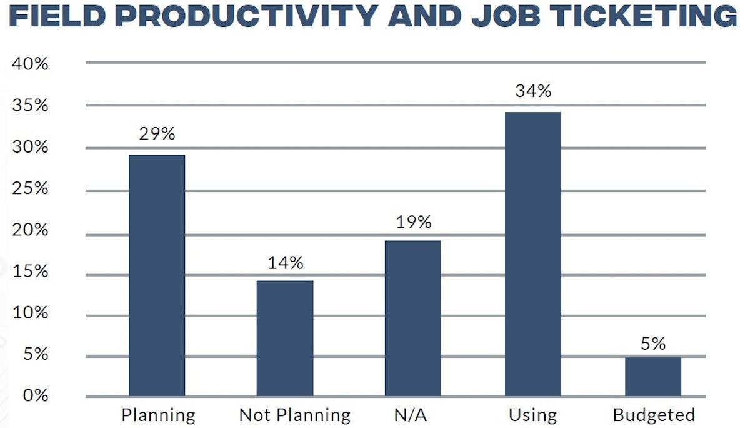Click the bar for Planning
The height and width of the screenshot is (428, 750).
157,275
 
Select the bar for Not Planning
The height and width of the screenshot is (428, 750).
285,338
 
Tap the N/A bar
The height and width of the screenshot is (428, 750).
412,318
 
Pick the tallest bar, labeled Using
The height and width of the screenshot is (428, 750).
533,253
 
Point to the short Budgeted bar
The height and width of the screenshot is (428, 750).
653,377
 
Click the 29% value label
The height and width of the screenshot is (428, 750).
157,133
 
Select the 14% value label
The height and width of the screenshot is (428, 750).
286,263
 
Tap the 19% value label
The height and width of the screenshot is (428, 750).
413,222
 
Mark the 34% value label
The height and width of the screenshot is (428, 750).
533,91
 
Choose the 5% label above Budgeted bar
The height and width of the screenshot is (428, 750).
653,344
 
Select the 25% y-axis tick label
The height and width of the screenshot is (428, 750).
31,188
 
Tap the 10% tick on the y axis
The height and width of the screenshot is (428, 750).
31,313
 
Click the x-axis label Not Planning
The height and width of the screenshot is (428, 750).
295,415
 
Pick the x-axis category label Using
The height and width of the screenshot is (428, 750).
532,415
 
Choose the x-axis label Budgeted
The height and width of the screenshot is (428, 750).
654,415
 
